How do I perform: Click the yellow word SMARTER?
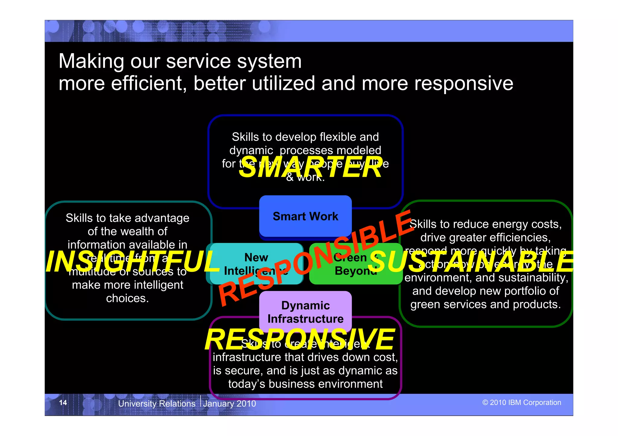(311, 167)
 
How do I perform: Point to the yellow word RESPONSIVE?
(300, 340)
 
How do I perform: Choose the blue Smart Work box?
(305, 216)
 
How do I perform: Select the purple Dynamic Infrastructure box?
(305, 312)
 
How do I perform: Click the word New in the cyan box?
(256, 258)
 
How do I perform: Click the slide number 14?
(63, 403)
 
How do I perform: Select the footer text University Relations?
(157, 404)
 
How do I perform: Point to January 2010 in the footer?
(230, 404)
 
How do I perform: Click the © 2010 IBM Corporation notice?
(521, 403)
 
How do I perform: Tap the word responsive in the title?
(463, 83)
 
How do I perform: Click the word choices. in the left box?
(127, 298)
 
